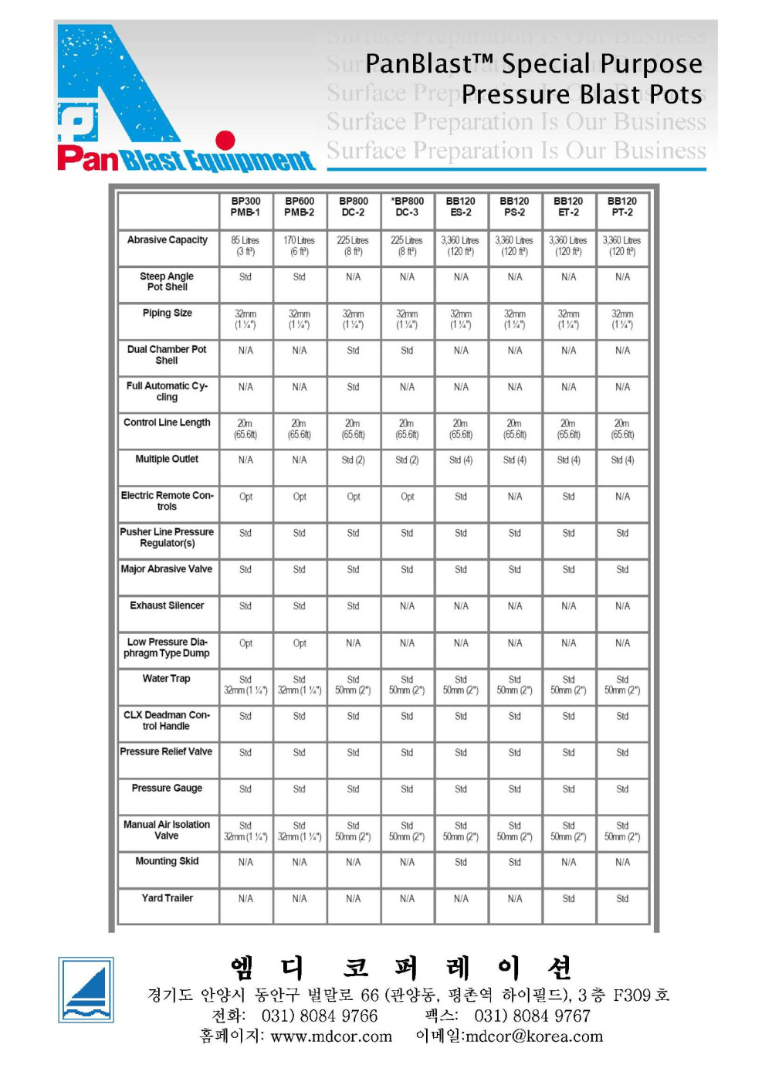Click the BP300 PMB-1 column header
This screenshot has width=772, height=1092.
pos(245,207)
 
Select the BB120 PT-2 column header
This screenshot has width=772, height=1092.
pos(622,207)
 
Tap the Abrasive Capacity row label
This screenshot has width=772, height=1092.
pos(168,240)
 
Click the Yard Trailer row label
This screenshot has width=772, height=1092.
pos(168,898)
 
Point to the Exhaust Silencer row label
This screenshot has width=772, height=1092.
pos(168,605)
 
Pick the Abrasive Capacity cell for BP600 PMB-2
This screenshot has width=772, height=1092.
pos(300,246)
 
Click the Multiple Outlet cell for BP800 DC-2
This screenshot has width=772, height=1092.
pos(354,460)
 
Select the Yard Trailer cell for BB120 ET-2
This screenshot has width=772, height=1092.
pos(568,899)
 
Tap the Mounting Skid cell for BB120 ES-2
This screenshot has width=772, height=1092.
pos(461,863)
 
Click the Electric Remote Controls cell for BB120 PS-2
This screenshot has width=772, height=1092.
pos(515,497)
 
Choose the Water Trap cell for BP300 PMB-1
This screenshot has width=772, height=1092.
pos(245,685)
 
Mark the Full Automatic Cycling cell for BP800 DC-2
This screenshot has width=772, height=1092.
pos(354,387)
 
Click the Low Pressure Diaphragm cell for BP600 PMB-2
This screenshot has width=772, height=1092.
pos(300,643)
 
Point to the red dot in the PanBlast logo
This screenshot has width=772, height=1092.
pos(225,140)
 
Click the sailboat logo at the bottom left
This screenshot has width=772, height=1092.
pos(86,990)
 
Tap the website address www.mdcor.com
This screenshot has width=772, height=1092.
pos(331,1036)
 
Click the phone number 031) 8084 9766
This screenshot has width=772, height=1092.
pos(320,1016)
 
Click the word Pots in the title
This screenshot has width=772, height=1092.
pos(676,94)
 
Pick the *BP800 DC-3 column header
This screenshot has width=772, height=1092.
pos(407,207)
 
